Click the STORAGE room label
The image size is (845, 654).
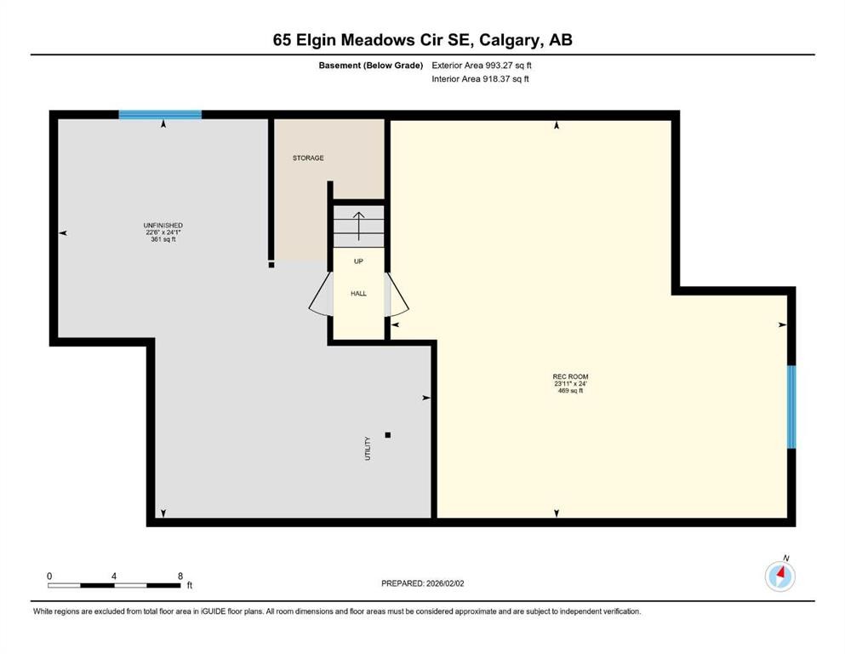pyautogui.click(x=308, y=158)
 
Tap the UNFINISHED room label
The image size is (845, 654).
pyautogui.click(x=163, y=225)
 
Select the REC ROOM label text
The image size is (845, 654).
pyautogui.click(x=570, y=376)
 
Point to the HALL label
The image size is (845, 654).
pyautogui.click(x=358, y=293)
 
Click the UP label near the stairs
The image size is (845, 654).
pyautogui.click(x=358, y=261)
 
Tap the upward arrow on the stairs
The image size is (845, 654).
pyautogui.click(x=358, y=227)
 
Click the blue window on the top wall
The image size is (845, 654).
pyautogui.click(x=160, y=114)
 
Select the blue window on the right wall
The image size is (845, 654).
pyautogui.click(x=791, y=407)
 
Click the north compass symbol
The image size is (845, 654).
pyautogui.click(x=779, y=576)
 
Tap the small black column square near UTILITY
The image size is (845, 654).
pyautogui.click(x=387, y=435)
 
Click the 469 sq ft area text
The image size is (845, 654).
pyautogui.click(x=570, y=391)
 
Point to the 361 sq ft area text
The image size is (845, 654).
pyautogui.click(x=163, y=239)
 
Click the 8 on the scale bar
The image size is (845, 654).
pyautogui.click(x=180, y=576)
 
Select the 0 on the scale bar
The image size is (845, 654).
pyautogui.click(x=49, y=576)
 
